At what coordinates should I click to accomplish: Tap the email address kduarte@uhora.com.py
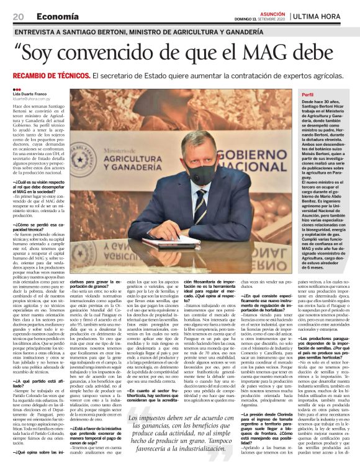click(x=34, y=97)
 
